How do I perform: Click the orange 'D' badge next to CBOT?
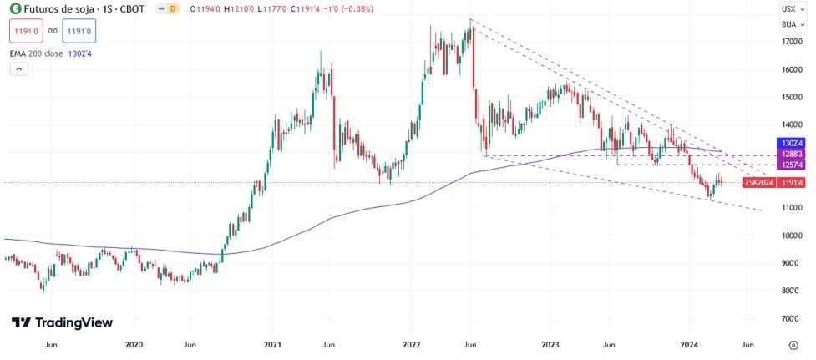[x=172, y=8]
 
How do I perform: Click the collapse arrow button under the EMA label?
[x=17, y=71]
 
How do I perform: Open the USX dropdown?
[x=789, y=8]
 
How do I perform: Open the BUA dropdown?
[x=789, y=24]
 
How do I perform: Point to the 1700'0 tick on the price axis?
[x=793, y=42]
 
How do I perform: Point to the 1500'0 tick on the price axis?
[x=793, y=97]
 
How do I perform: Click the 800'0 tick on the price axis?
[x=793, y=291]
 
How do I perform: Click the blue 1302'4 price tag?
[x=791, y=144]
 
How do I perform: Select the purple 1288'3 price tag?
[x=791, y=155]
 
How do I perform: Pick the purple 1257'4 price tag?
[x=791, y=165]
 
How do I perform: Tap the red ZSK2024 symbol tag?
[x=758, y=182]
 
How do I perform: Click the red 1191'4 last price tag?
[x=791, y=182]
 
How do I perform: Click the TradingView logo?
[x=62, y=322]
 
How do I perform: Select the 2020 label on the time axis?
[x=133, y=344]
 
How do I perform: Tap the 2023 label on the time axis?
[x=550, y=344]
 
